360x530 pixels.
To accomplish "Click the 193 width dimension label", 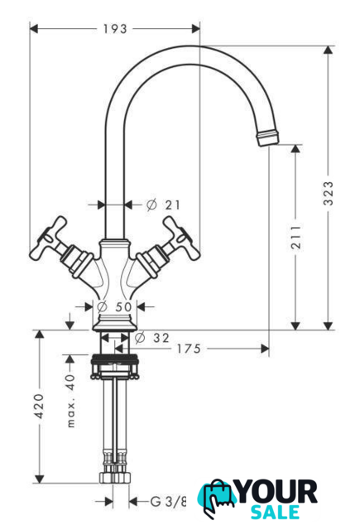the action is coord(115,29).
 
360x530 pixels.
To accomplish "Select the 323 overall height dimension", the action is coord(329,193).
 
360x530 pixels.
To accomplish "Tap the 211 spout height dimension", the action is coord(296,236).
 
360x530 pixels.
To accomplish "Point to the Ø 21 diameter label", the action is coord(164,205).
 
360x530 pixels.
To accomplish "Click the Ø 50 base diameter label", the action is coord(114,307).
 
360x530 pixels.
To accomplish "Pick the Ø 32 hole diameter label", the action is coord(152,337).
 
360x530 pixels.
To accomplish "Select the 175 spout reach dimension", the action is coord(190,349).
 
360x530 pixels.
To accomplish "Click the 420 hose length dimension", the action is coord(40,406).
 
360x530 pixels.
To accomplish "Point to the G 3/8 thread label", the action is coord(168,501).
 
